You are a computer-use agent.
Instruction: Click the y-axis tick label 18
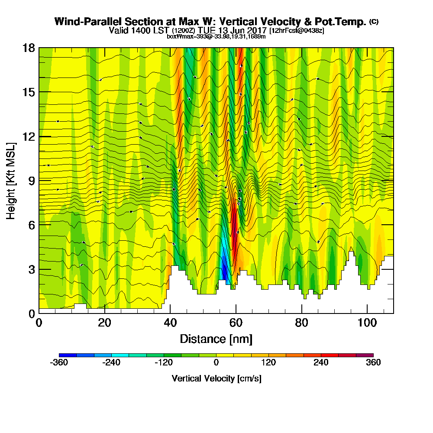coord(29,48)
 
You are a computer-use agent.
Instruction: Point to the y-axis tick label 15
coord(29,92)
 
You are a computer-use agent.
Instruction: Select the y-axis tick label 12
coord(29,136)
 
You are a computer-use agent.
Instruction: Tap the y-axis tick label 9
coord(31,181)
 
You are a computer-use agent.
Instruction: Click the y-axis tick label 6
coord(31,225)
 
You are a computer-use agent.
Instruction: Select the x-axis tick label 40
coord(170,323)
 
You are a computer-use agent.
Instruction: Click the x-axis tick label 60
coord(236,323)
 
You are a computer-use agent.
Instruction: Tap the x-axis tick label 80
coord(301,323)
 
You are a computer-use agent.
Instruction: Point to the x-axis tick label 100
coord(367,323)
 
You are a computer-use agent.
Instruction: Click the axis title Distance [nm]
coord(216,339)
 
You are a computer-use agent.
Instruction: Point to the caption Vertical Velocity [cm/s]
coord(216,378)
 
